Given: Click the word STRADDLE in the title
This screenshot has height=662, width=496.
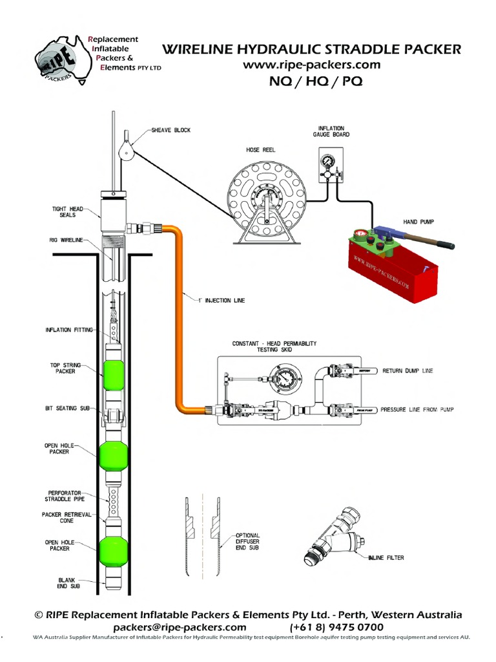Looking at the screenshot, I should [x=355, y=49].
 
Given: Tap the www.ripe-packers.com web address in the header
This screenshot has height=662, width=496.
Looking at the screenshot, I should [x=311, y=65].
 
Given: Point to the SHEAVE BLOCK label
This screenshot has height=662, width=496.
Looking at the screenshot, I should [x=171, y=130].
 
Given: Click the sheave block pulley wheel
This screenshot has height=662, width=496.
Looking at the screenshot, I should [x=127, y=152].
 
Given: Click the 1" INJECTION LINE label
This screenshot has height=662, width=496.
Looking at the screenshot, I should [x=222, y=300].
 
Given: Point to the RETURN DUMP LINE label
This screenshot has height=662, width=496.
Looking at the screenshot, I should [x=407, y=371].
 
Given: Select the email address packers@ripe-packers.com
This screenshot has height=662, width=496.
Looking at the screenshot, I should [x=180, y=627].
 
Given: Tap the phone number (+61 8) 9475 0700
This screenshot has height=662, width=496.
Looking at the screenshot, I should [x=336, y=627].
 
